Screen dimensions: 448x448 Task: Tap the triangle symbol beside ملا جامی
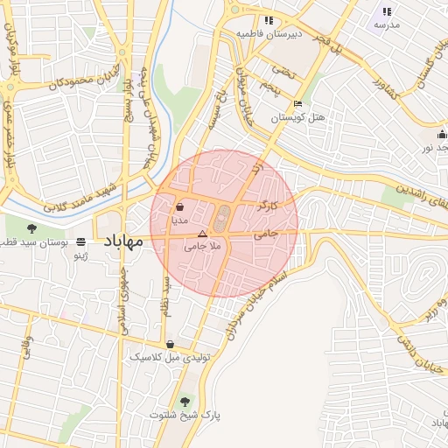click(x=203, y=234)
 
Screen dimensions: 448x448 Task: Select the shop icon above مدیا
click(x=179, y=208)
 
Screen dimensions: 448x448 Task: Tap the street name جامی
click(x=267, y=234)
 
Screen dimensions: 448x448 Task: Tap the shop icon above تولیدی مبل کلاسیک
click(x=169, y=345)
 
